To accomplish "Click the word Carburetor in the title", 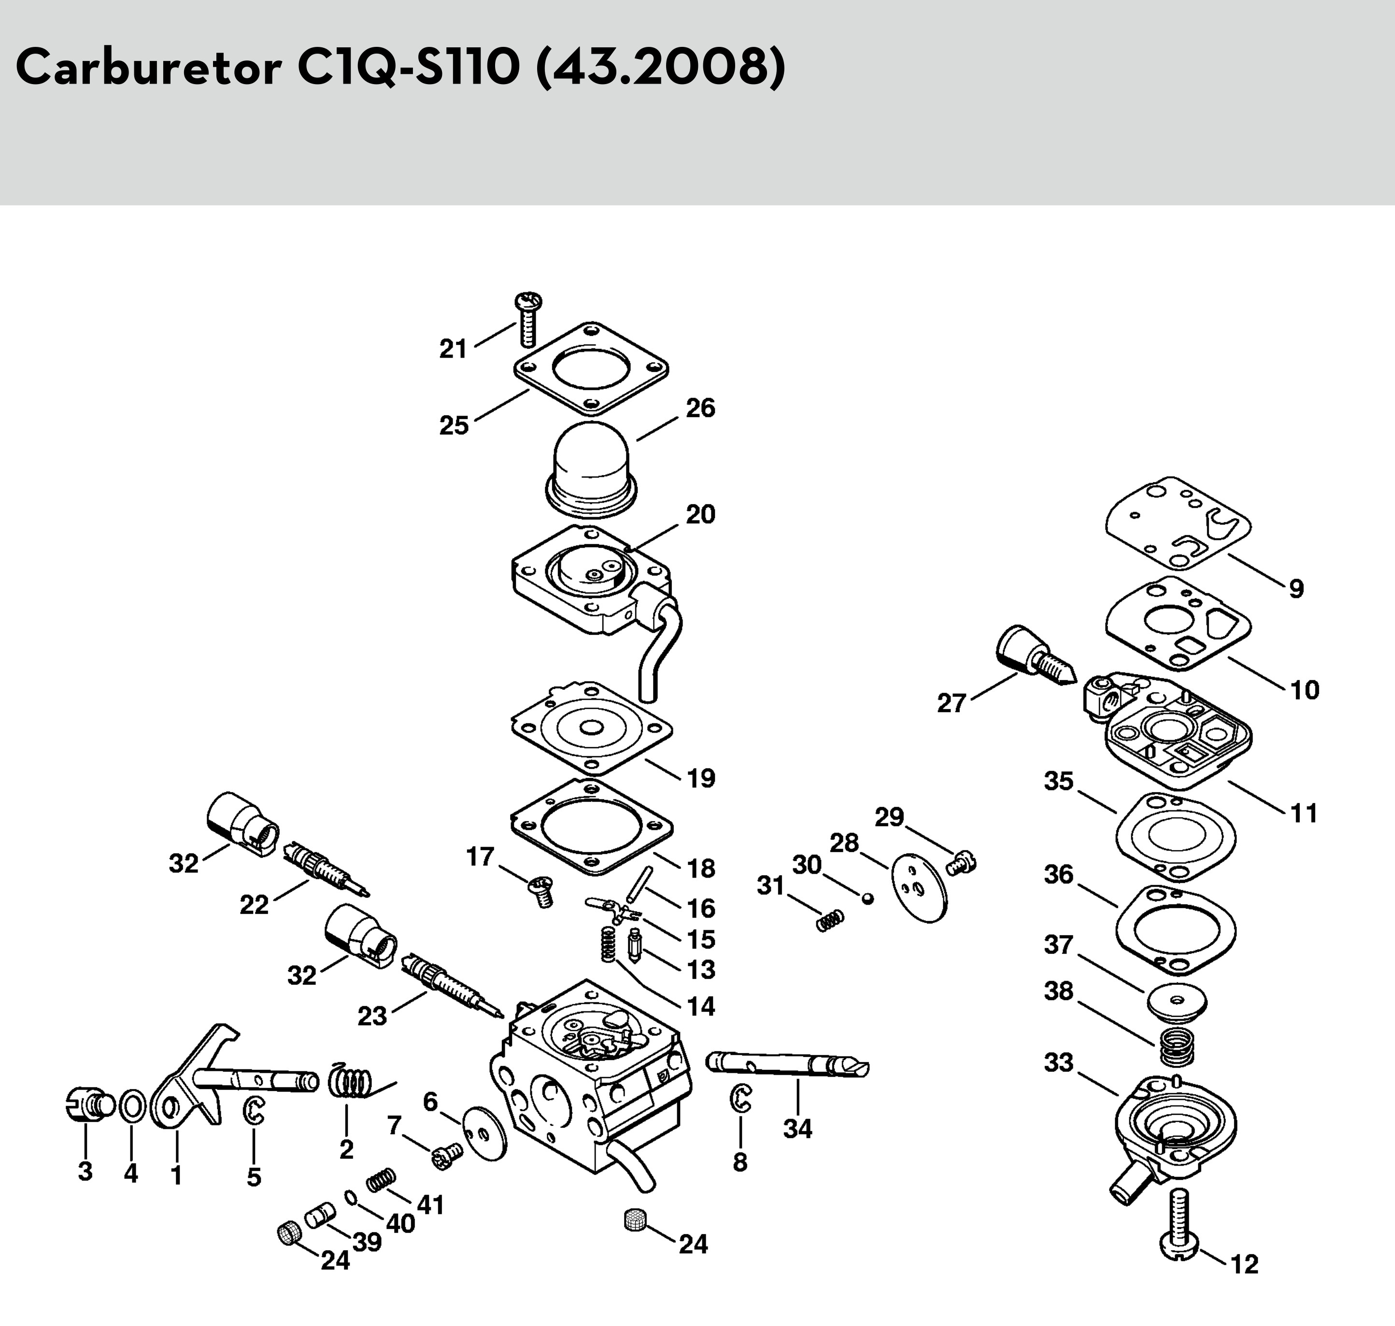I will click(148, 69).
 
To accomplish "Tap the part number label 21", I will click(453, 349).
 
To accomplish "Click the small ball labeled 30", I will click(868, 898).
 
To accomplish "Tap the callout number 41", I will click(430, 1204).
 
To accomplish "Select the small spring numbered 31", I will click(830, 920).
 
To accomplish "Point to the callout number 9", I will click(1296, 588).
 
